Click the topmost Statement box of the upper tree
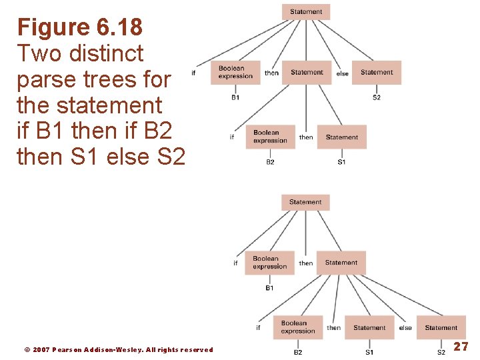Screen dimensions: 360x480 (x=306, y=12)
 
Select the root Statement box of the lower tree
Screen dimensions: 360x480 (x=305, y=202)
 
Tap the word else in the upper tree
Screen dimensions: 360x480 (x=342, y=73)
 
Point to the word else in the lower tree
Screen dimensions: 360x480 (x=405, y=328)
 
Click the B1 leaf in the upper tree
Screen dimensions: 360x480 (x=235, y=98)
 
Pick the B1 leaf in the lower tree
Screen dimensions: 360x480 (x=269, y=288)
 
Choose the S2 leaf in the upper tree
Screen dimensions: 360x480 (x=377, y=98)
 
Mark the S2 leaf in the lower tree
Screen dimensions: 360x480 (x=441, y=352)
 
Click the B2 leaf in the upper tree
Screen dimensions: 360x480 (x=270, y=162)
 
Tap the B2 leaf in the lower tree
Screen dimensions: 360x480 (x=298, y=352)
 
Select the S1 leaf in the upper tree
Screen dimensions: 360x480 (x=341, y=162)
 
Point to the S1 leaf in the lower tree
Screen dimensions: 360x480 (x=369, y=352)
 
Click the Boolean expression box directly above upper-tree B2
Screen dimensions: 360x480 (x=270, y=137)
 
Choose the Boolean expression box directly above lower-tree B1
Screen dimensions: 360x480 (x=269, y=263)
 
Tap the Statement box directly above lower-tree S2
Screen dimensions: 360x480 (x=441, y=327)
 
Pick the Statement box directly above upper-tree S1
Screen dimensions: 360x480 (x=341, y=137)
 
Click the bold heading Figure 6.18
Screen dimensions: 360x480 (x=79, y=27)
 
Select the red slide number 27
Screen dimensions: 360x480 (x=461, y=347)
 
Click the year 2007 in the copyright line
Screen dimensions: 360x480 (x=41, y=350)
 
